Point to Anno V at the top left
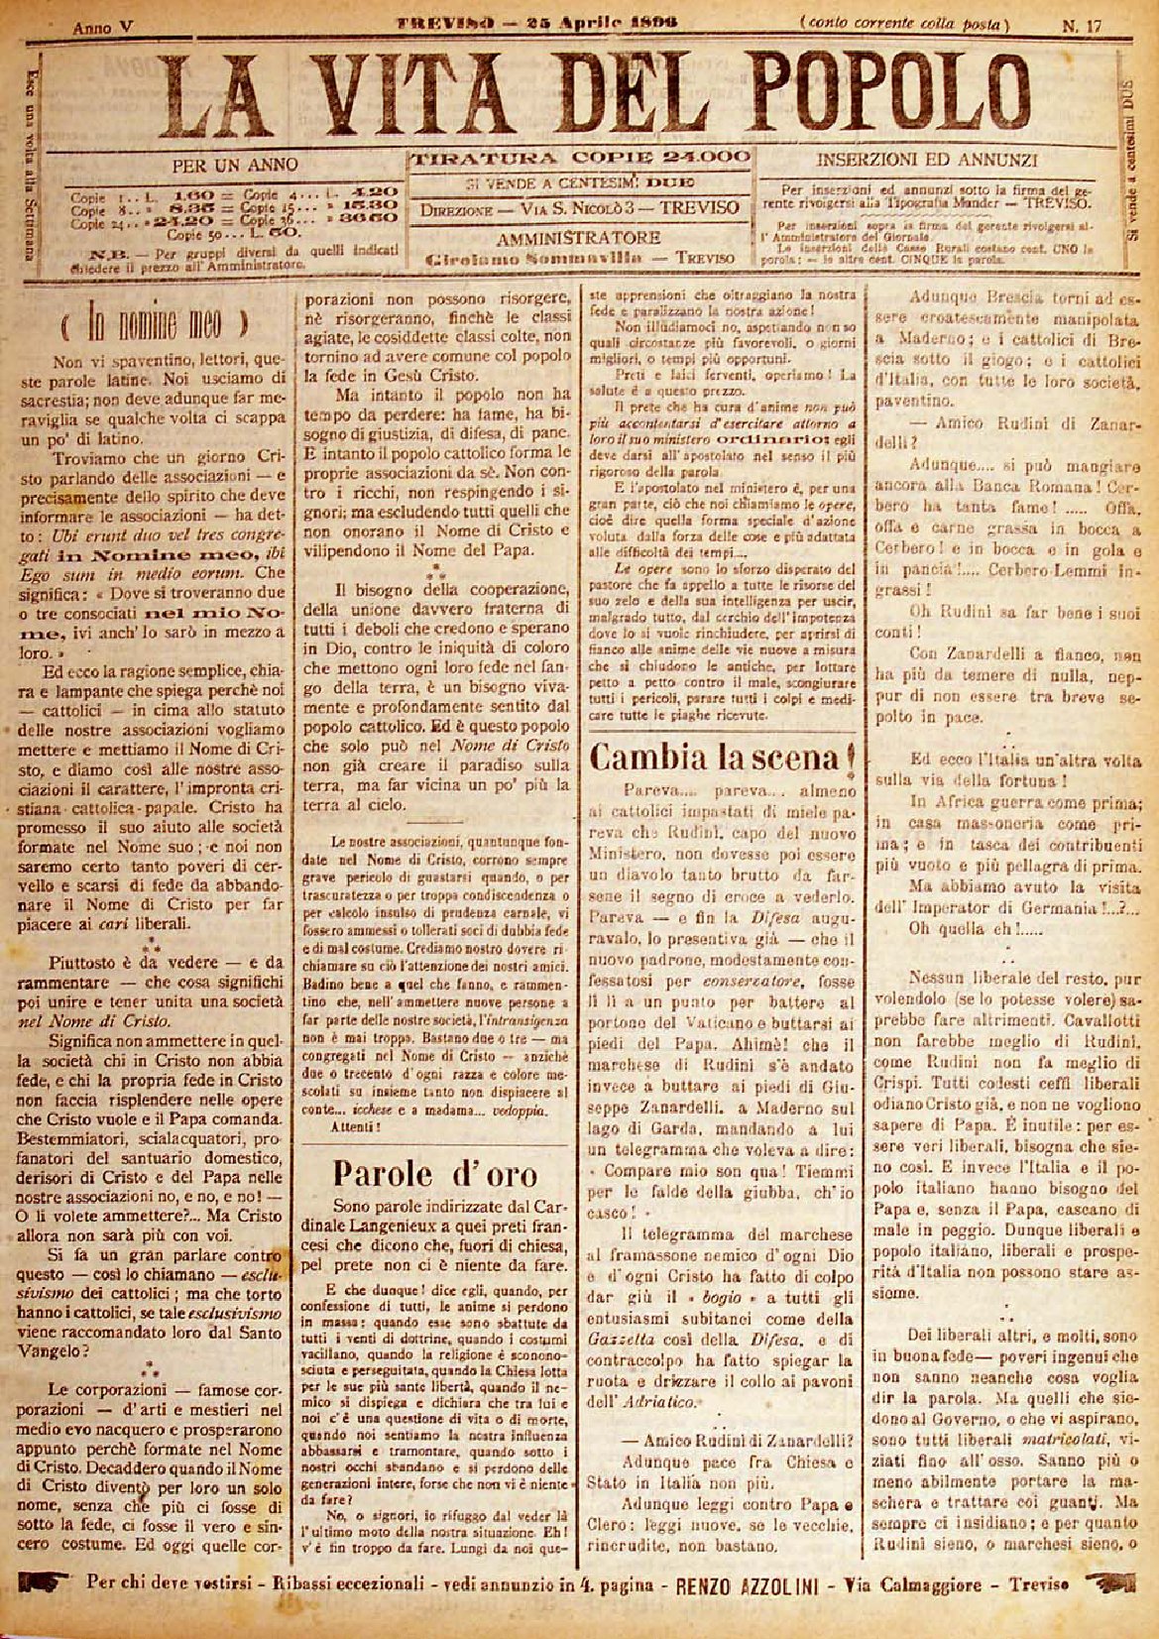pyautogui.click(x=103, y=29)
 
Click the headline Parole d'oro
pyautogui.click(x=435, y=1174)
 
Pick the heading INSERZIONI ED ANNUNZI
pyautogui.click(x=927, y=160)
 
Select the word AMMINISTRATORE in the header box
pyautogui.click(x=579, y=238)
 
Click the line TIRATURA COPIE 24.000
pyautogui.click(x=580, y=158)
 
